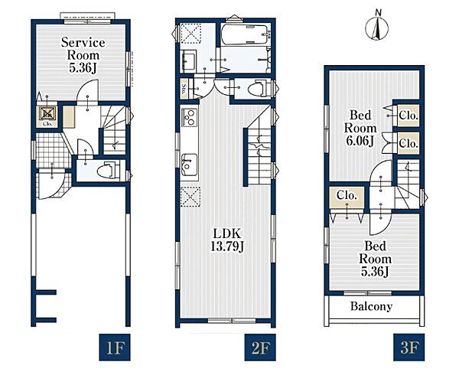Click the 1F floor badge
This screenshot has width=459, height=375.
point(115,347)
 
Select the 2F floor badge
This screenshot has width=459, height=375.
point(260,347)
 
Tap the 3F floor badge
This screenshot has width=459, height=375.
point(409,347)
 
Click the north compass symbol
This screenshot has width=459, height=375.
point(377,26)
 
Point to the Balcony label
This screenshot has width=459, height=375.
point(371,306)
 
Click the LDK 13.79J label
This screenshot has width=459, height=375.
point(227,240)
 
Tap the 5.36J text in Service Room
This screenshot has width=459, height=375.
point(83,68)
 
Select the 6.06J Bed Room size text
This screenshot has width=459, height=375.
point(360,141)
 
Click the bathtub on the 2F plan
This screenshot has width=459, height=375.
point(245,34)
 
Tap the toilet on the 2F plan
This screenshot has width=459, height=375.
point(259,88)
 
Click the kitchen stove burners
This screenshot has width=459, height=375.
point(190,117)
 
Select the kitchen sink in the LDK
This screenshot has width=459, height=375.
point(189,165)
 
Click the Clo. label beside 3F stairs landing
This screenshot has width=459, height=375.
point(347,195)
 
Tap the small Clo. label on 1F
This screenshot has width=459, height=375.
point(47,123)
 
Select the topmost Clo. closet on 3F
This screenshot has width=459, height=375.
point(409,116)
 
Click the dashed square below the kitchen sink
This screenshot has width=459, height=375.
point(190,197)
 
